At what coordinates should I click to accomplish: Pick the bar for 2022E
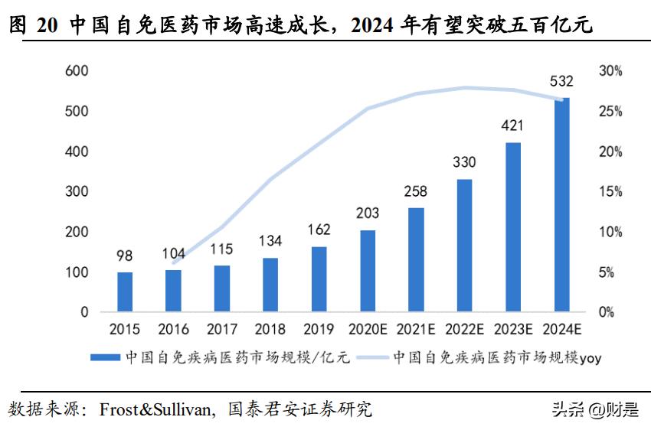464,246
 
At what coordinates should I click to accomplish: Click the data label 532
561,81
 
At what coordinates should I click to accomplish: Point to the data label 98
125,256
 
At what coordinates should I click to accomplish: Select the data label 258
416,191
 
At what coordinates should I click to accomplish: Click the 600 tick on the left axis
78,71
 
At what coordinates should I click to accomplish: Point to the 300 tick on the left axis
78,192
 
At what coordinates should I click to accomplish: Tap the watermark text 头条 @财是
594,409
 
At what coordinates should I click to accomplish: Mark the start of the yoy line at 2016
173,262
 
